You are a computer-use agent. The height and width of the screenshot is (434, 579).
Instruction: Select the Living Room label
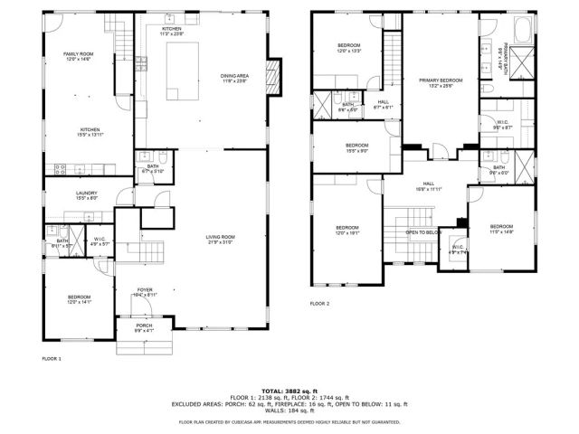pos(220,240)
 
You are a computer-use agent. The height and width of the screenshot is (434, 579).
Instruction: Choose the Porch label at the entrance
pos(144,327)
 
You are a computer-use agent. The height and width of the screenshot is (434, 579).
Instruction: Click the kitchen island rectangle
pos(181,70)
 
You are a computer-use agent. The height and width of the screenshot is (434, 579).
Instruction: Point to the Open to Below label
pos(423,232)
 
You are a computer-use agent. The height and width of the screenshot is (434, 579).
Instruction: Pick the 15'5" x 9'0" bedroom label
pos(356,147)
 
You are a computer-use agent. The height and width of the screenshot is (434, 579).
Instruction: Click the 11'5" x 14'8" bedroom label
pos(501,229)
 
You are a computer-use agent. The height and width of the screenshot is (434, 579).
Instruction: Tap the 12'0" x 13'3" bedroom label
pos(349,48)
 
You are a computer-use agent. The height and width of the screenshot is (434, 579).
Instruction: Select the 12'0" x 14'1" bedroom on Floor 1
pos(79,299)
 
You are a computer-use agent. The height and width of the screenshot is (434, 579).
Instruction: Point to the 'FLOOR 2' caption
pos(320,304)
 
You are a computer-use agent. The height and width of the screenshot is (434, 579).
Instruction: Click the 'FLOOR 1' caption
pos(52,359)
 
